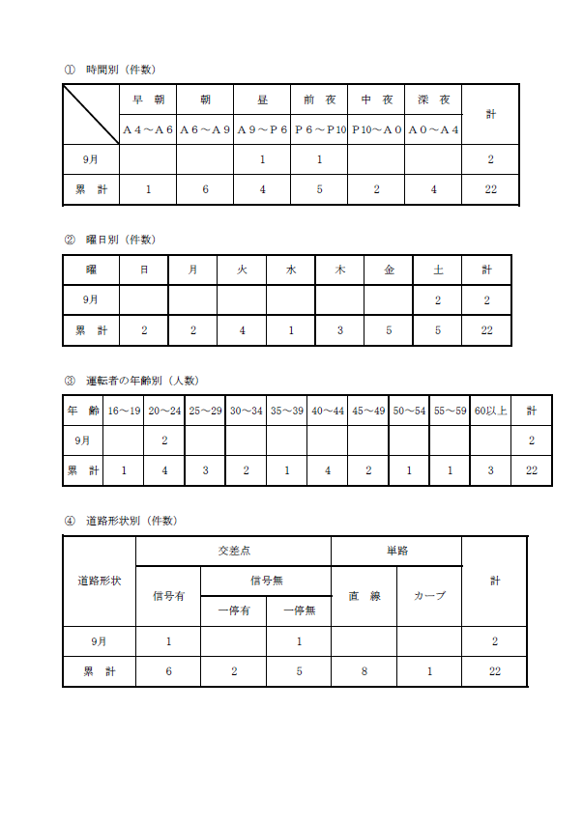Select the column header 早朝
[x=148, y=99]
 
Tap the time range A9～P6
[x=262, y=129]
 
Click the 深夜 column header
[x=433, y=99]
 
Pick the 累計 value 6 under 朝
[x=205, y=189]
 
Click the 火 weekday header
[x=242, y=270]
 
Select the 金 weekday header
[x=389, y=270]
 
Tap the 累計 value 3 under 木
[x=339, y=330]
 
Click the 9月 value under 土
[x=438, y=300]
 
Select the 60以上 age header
[x=491, y=411]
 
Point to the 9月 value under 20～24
[x=164, y=440]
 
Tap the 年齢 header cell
[x=82, y=411]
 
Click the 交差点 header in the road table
[x=233, y=551]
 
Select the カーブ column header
[x=429, y=596]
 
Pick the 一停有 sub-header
[x=233, y=610]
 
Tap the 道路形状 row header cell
[x=100, y=581]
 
